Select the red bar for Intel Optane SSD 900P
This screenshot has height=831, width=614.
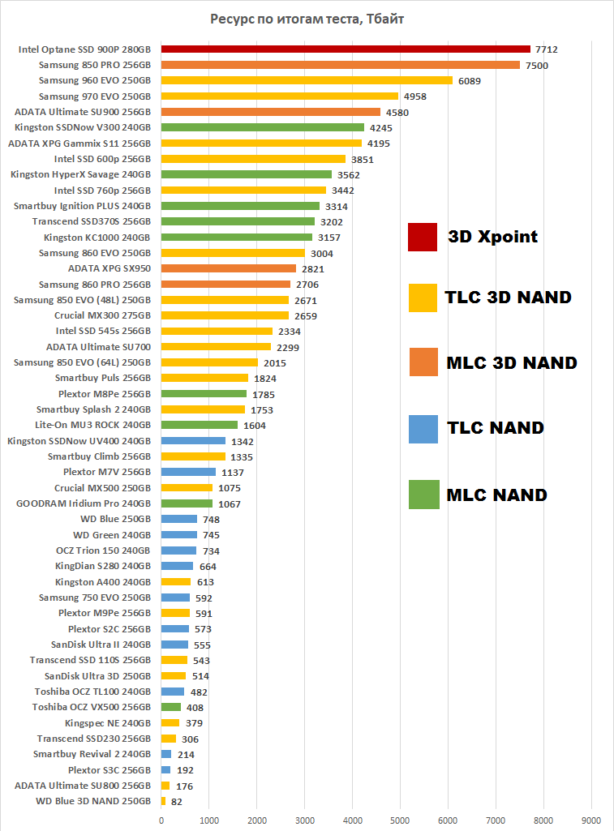point(346,49)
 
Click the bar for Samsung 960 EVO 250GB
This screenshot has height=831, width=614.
point(307,80)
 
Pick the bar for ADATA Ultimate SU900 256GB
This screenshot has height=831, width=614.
point(271,112)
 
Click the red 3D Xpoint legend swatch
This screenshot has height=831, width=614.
point(423,238)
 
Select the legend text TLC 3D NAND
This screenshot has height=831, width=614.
point(508,298)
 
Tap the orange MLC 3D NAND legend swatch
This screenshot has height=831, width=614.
point(423,362)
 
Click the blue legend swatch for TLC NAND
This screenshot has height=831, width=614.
point(423,428)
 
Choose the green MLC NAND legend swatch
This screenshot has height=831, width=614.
point(423,494)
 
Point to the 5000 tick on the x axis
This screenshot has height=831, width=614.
point(400,820)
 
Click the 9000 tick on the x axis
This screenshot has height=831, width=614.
point(591,820)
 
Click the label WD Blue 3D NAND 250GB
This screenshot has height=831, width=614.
point(93,801)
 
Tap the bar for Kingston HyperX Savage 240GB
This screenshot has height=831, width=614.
point(247,174)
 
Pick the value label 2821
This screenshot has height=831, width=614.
point(313,268)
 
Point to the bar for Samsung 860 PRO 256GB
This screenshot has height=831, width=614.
point(225,284)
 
